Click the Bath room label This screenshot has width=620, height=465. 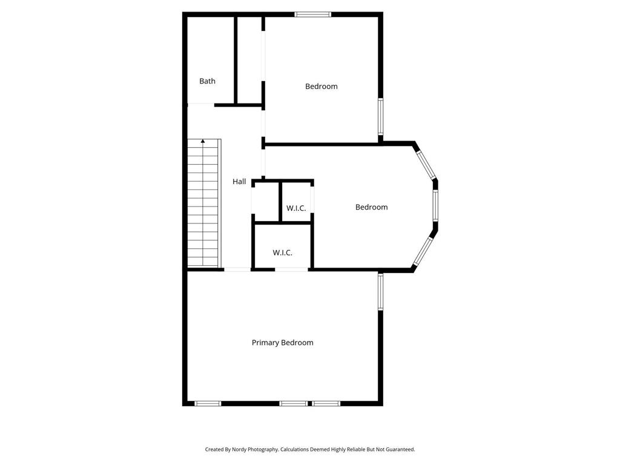coord(207,81)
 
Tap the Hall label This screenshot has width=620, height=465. coord(239,182)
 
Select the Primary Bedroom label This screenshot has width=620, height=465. coord(282,343)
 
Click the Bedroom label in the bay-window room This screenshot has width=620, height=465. coord(371,207)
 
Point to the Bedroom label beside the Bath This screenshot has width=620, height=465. coord(321,87)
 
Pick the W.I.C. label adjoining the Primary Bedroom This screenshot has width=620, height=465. coord(282,252)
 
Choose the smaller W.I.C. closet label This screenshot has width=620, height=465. coord(296,208)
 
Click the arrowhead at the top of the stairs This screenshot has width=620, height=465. coord(203,141)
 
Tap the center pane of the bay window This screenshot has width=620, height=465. coord(435,206)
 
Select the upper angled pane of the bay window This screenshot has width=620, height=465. coord(425,162)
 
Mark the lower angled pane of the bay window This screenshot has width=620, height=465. coord(424,251)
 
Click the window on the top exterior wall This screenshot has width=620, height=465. coord(313,15)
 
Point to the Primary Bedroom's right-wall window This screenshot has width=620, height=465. coord(380,291)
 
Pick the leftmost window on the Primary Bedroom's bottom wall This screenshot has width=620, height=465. coord(208,403)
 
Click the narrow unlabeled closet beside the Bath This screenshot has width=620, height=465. coord(249,61)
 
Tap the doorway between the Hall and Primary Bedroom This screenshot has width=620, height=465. coord(237,269)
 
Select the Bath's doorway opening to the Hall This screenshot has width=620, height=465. coord(200,104)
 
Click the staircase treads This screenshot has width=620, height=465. coord(203,206)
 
